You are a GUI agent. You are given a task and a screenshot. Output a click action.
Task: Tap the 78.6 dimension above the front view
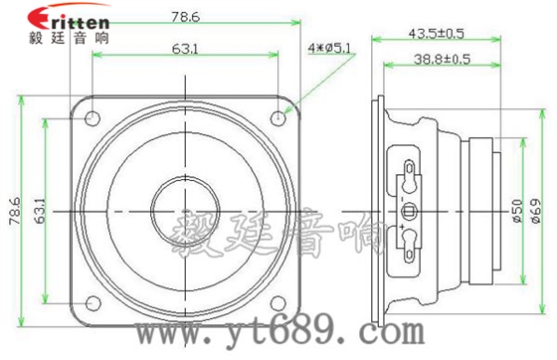pyautogui.click(x=185, y=17)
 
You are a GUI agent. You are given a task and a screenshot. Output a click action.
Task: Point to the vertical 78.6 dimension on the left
pyautogui.click(x=14, y=211)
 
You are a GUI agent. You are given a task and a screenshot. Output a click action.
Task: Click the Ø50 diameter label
pyautogui.click(x=516, y=211)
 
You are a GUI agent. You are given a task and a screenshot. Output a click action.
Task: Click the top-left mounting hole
pyautogui.click(x=92, y=117)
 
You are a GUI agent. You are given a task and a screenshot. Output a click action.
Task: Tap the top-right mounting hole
pyautogui.click(x=278, y=117)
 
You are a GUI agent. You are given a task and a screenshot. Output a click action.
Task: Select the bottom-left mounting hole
pyautogui.click(x=92, y=302)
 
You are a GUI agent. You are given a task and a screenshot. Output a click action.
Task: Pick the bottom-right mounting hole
pyautogui.click(x=278, y=302)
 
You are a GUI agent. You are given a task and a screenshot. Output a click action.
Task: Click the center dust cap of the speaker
pyautogui.click(x=185, y=210)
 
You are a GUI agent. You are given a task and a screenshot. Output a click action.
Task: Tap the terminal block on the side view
pyautogui.click(x=408, y=210)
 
